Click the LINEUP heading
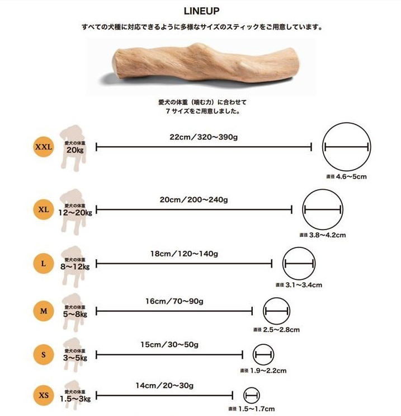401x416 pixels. click(x=201, y=11)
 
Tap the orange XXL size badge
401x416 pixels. click(x=43, y=147)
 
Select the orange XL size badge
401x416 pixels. click(x=43, y=210)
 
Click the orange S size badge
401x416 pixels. click(x=43, y=354)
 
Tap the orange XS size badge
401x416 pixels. click(x=43, y=396)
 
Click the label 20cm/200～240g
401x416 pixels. click(x=194, y=199)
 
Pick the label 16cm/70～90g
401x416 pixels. click(x=174, y=301)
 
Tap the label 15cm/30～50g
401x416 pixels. click(x=169, y=344)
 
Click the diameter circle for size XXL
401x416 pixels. click(x=346, y=147)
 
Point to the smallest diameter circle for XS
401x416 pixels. click(x=252, y=396)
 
